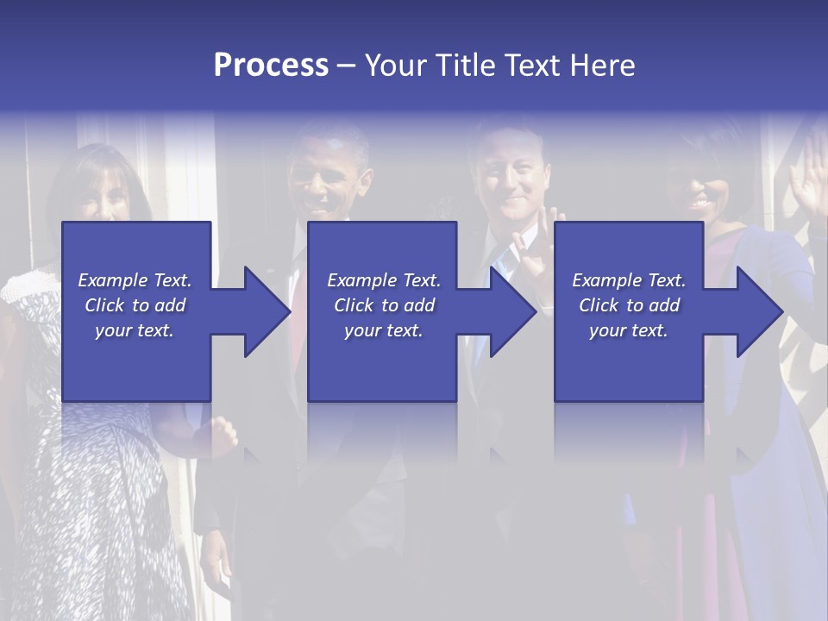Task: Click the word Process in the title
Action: [x=271, y=66]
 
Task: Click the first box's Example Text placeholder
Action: [x=135, y=305]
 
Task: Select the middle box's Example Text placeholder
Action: [x=384, y=305]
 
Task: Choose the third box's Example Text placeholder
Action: [x=629, y=305]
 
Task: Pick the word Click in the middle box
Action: [x=354, y=305]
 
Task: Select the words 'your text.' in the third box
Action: [x=629, y=330]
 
